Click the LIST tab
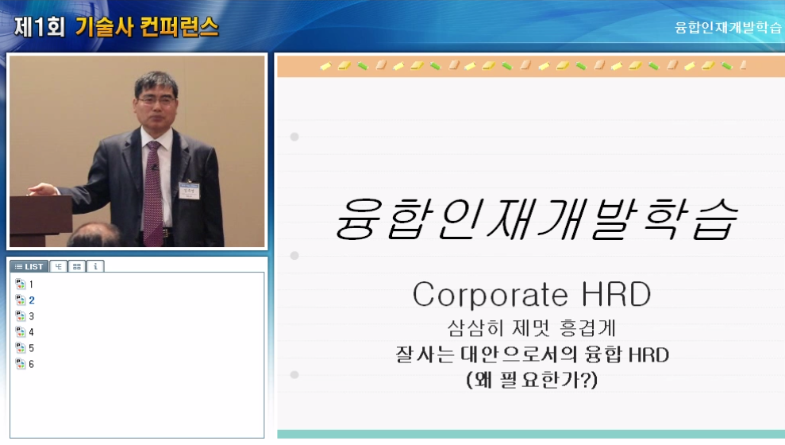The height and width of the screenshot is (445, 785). coord(29,266)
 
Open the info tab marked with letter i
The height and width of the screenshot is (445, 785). coord(95,266)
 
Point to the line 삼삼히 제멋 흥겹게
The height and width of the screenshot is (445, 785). coord(531,328)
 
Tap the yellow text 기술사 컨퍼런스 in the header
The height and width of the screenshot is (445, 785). coord(147,25)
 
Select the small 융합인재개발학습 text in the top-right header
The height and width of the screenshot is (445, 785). coord(727,27)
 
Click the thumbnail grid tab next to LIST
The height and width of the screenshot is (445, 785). coord(77,266)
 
